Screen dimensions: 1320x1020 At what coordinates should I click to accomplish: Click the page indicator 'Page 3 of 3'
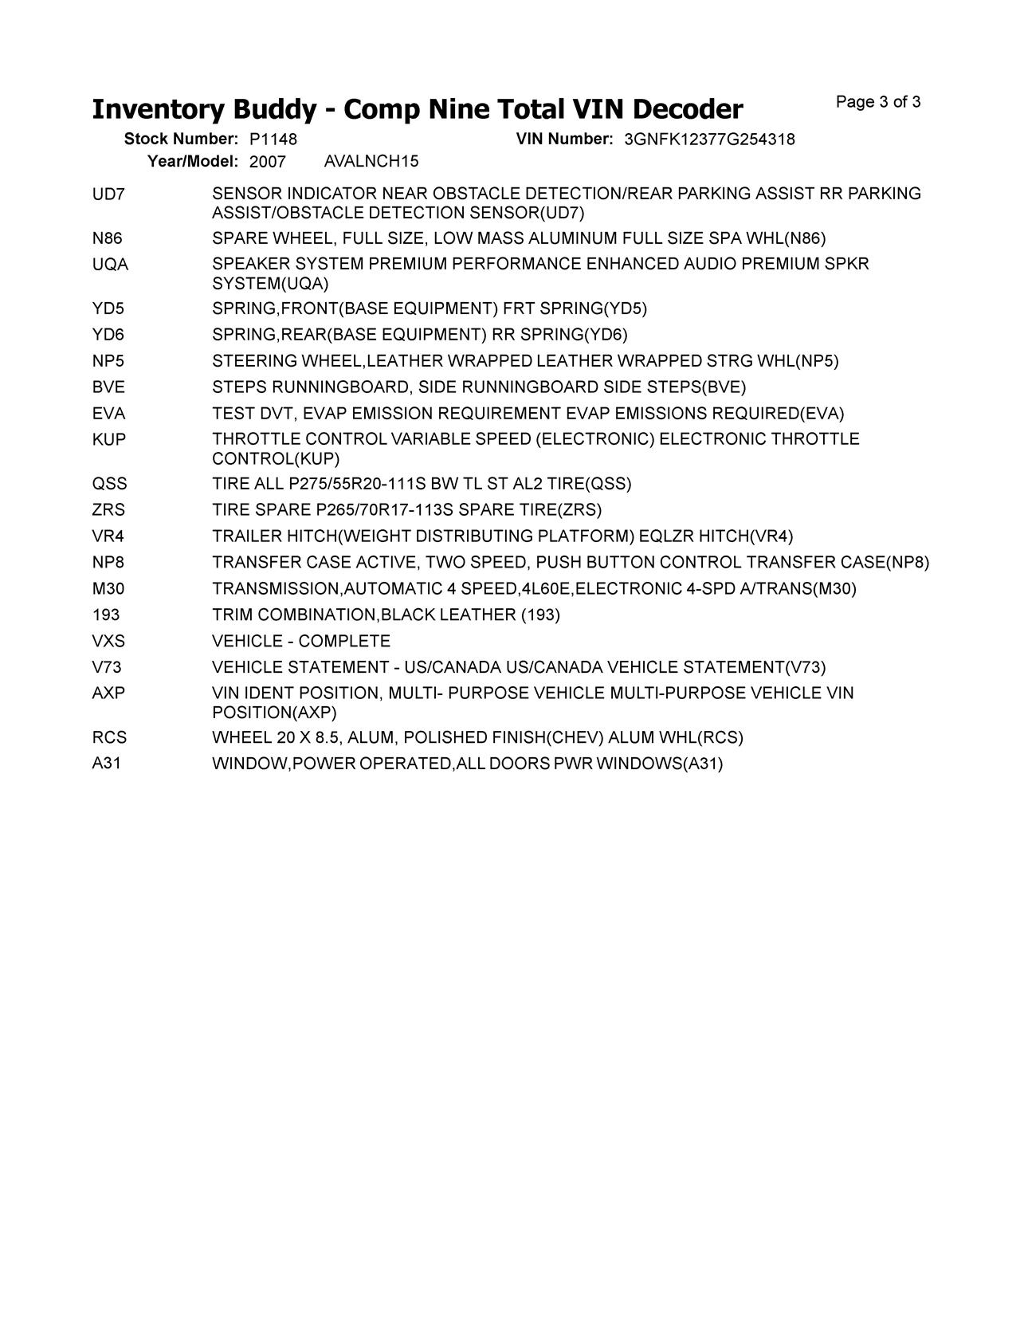(878, 102)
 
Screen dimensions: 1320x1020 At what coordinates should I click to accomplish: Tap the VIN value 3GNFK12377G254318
(709, 139)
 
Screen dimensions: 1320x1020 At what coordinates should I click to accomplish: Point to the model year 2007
(267, 162)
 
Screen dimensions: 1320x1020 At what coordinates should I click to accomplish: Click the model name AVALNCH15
(371, 162)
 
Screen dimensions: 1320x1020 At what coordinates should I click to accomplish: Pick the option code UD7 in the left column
(108, 194)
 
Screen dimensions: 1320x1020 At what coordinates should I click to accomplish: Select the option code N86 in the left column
(108, 238)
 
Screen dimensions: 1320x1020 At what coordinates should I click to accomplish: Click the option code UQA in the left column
(110, 264)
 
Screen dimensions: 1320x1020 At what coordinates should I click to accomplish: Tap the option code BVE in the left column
(108, 387)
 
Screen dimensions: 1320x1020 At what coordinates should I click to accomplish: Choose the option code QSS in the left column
(109, 484)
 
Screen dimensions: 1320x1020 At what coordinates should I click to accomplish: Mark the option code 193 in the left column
(106, 615)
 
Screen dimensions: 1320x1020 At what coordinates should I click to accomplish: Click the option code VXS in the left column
(108, 642)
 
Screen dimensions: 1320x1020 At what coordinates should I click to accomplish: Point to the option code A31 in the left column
(107, 764)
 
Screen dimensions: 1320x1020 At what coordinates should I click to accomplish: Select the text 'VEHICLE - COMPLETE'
(301, 642)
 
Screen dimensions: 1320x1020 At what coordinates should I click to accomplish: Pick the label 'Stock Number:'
(181, 139)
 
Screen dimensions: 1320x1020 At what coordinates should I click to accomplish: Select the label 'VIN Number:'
(564, 139)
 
